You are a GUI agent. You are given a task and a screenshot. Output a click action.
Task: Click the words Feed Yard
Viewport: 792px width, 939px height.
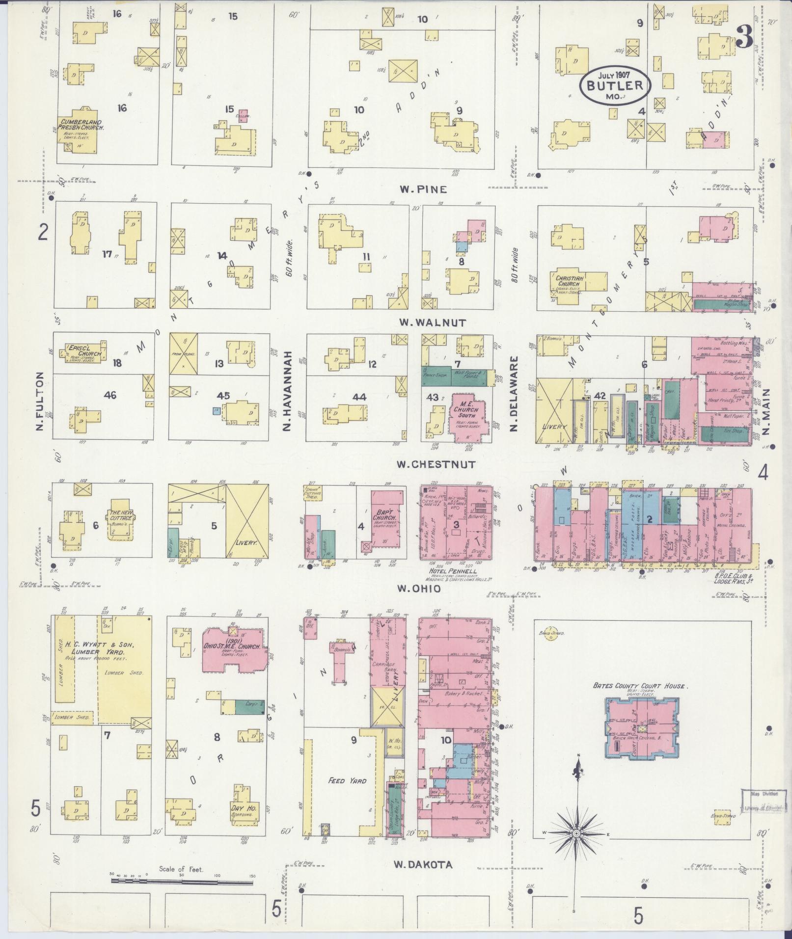click(347, 780)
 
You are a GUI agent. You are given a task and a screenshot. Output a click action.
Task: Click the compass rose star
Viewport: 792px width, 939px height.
click(576, 833)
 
